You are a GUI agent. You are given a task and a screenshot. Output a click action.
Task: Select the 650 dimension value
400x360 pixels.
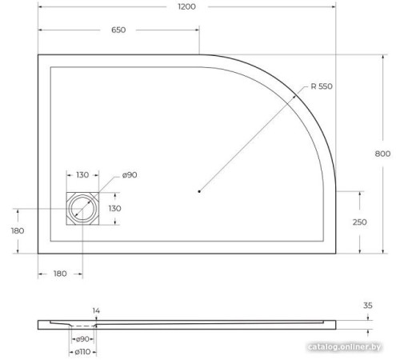click(118, 31)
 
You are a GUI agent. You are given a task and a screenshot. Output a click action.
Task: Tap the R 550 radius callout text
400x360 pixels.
click(321, 86)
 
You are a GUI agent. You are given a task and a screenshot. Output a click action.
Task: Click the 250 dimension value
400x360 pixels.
click(359, 222)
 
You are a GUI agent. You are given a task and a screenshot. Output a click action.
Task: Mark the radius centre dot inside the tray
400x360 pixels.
click(199, 191)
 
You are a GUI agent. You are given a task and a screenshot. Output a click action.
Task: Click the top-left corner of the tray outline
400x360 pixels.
click(38, 54)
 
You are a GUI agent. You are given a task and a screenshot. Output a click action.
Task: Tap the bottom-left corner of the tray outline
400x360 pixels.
click(38, 252)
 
